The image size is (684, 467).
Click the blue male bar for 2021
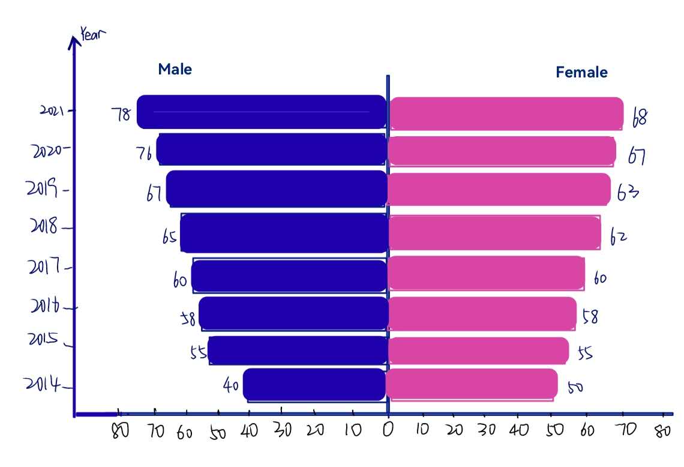pyautogui.click(x=262, y=112)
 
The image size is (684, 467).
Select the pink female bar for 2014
pyautogui.click(x=472, y=385)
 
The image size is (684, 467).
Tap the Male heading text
pyautogui.click(x=175, y=69)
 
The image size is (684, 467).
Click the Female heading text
pyautogui.click(x=581, y=73)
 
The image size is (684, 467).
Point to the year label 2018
pyautogui.click(x=43, y=227)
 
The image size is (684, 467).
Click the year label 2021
pyautogui.click(x=52, y=110)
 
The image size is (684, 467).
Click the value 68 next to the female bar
pyautogui.click(x=640, y=117)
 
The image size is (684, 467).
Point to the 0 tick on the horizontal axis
pyautogui.click(x=388, y=430)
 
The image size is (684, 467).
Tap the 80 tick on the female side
pyautogui.click(x=662, y=431)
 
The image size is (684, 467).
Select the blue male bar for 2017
pyautogui.click(x=289, y=276)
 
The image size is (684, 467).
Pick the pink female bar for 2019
pyautogui.click(x=499, y=189)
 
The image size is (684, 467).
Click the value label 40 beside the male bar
pyautogui.click(x=231, y=386)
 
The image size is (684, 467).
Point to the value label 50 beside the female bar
pyautogui.click(x=575, y=387)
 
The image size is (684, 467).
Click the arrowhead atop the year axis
pyautogui.click(x=74, y=41)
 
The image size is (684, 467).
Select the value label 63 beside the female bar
pyautogui.click(x=628, y=194)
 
